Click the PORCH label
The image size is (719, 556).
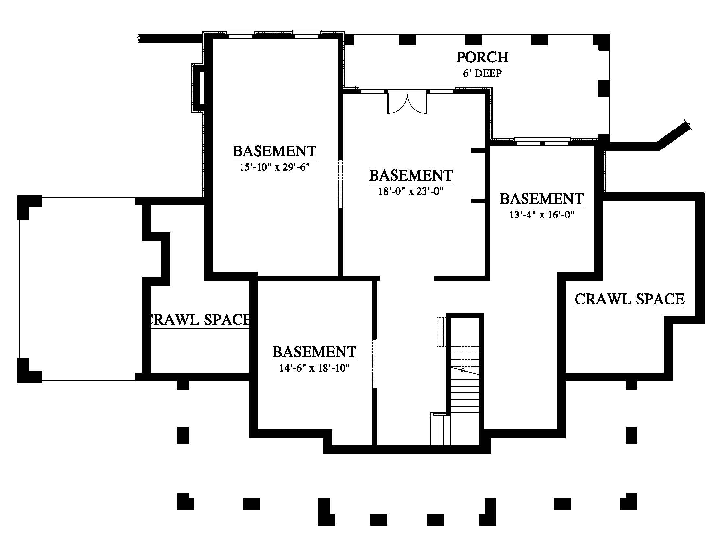(x=482, y=57)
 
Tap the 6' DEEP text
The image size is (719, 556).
(x=482, y=73)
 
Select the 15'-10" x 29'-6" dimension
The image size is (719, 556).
(x=275, y=167)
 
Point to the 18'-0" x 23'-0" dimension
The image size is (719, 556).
(x=411, y=191)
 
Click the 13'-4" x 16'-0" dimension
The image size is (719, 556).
(x=542, y=215)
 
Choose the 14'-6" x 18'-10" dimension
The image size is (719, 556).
(x=314, y=368)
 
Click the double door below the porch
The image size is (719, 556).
(x=407, y=103)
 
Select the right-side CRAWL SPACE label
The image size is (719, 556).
(x=629, y=299)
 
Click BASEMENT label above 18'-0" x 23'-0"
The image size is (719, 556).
(x=411, y=175)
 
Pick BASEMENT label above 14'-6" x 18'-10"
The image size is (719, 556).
(x=314, y=352)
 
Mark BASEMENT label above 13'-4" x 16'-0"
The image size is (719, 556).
(x=542, y=199)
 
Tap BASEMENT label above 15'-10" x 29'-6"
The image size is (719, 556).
(x=275, y=151)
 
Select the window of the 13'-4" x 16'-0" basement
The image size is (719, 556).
(x=543, y=141)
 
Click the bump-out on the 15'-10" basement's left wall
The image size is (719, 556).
(x=198, y=88)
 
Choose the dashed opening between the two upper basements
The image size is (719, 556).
(x=341, y=184)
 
